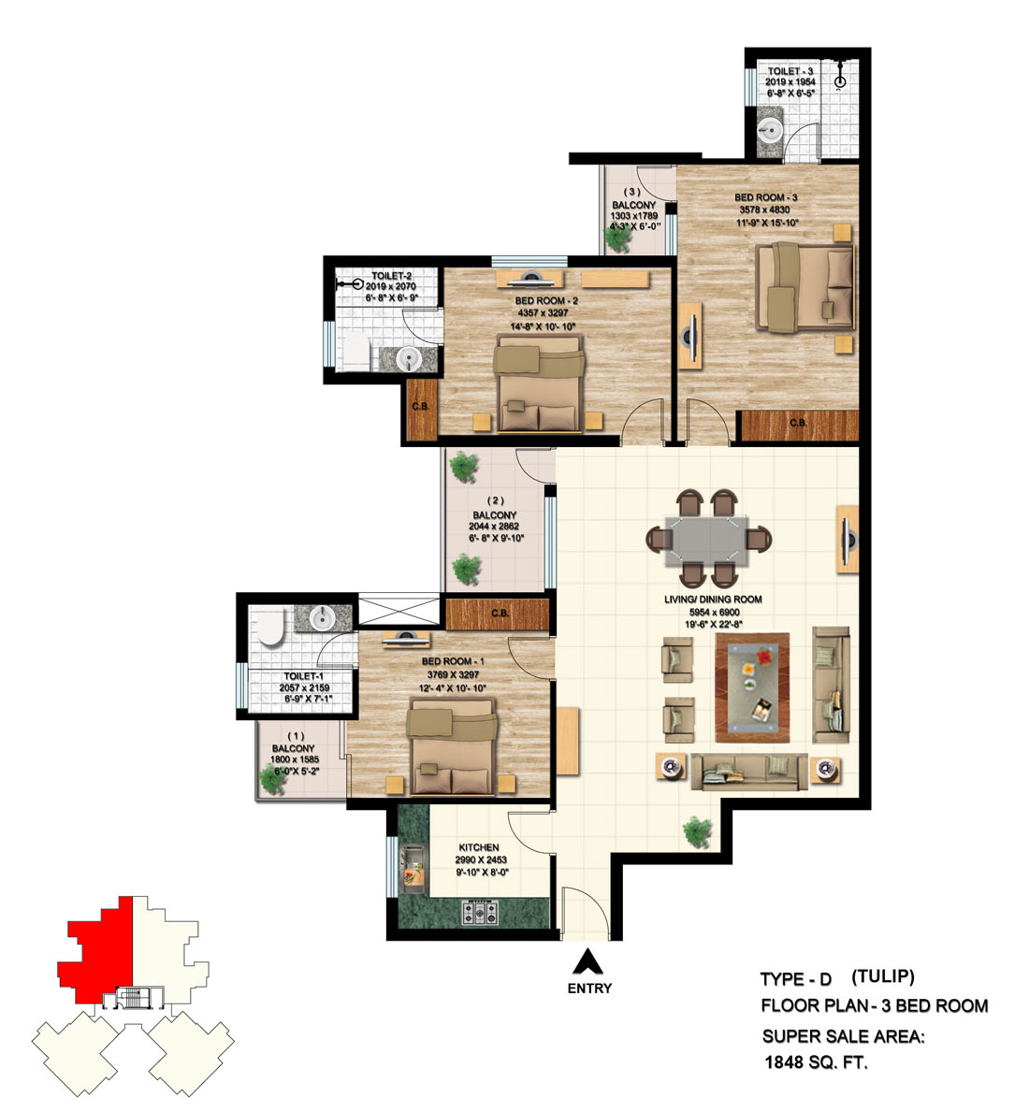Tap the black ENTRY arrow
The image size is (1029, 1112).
(x=588, y=961)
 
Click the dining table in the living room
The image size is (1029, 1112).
(x=709, y=541)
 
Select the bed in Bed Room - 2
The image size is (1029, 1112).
(x=539, y=385)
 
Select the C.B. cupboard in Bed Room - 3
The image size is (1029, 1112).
(x=798, y=425)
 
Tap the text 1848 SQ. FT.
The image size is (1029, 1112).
(x=816, y=1062)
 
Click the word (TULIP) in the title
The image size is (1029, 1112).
(x=882, y=976)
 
